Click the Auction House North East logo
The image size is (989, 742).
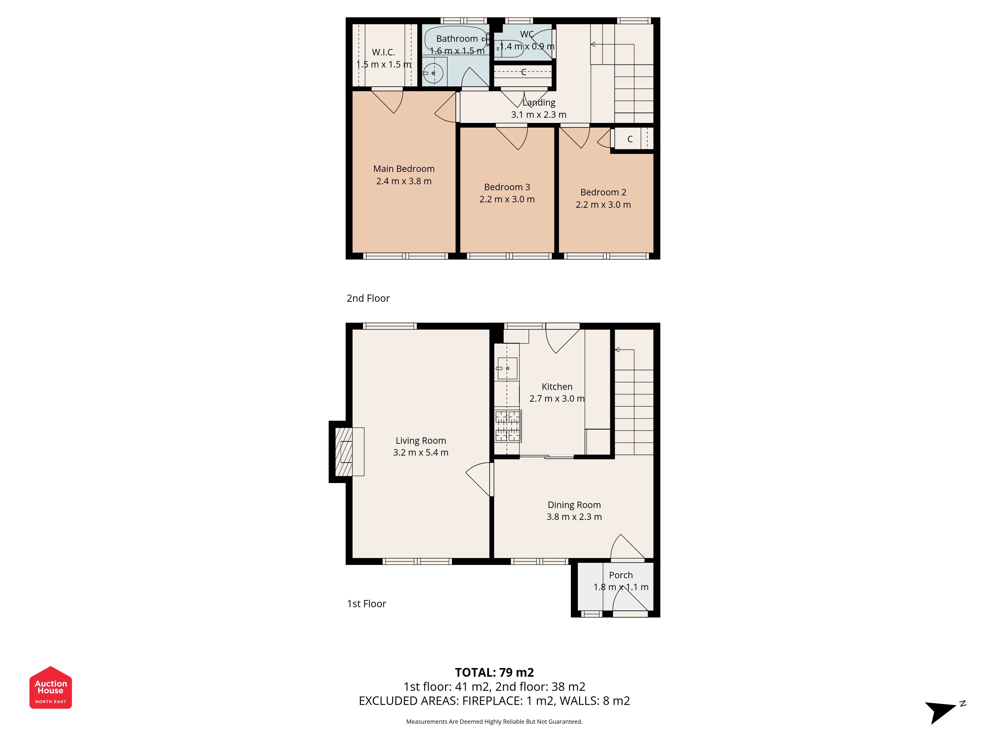[50, 687]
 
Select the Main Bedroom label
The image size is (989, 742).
[404, 169]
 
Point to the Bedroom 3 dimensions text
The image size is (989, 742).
[507, 200]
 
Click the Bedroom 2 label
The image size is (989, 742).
[603, 192]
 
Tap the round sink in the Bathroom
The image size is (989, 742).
[433, 73]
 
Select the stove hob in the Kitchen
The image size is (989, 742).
[508, 426]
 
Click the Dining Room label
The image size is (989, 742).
[574, 505]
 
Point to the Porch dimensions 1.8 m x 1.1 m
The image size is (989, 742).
[621, 587]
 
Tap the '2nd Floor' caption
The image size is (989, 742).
[368, 298]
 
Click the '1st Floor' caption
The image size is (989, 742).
[367, 604]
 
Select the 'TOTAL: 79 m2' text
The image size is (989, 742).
[494, 673]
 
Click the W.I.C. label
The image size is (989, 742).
[384, 52]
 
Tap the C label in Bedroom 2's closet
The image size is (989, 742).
[630, 139]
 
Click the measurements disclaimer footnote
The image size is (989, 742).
[494, 721]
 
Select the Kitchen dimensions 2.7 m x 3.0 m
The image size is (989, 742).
[557, 398]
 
